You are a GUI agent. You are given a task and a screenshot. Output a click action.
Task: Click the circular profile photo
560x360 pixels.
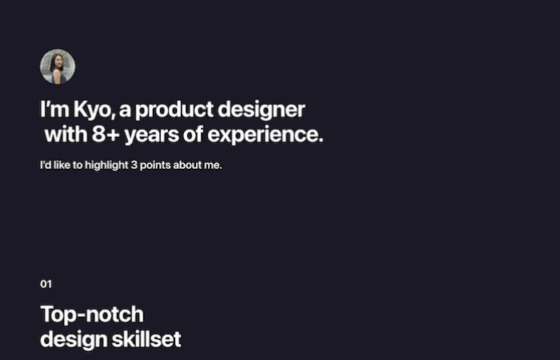pos(58,66)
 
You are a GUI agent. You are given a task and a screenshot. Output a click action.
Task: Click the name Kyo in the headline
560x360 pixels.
pos(94,110)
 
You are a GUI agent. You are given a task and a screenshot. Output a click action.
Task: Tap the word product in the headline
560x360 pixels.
pos(174,110)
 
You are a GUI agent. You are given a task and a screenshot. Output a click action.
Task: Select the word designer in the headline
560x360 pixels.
pos(262,110)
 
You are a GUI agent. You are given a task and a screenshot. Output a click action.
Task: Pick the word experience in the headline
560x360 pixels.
pos(266,136)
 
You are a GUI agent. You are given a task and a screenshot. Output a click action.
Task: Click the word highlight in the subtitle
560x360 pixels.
pos(106,166)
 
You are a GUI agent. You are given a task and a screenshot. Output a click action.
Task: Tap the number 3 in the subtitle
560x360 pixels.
pos(134,166)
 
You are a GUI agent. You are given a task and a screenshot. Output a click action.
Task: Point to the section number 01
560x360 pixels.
pos(46,284)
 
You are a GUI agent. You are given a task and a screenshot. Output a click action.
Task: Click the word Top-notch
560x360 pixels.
pos(92,314)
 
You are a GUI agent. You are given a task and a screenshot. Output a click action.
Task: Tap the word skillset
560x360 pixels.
pos(146,339)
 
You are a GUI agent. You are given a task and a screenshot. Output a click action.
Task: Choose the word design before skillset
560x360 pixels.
pos(74,340)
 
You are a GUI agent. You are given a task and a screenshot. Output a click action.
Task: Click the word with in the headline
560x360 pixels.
pos(66,134)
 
